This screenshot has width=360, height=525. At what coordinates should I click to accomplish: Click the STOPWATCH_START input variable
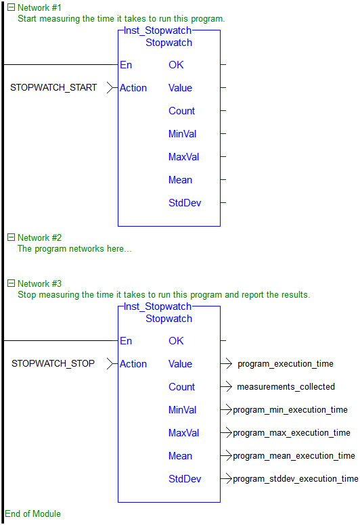click(x=53, y=88)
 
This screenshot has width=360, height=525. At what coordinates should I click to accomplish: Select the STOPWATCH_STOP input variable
click(x=53, y=363)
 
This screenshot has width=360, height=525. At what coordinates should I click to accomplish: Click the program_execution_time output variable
click(x=286, y=364)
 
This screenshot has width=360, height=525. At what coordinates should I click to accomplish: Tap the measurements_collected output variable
click(x=286, y=387)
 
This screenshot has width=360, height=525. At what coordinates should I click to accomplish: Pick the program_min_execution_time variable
click(x=290, y=410)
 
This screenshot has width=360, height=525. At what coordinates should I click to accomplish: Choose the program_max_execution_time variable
click(x=292, y=433)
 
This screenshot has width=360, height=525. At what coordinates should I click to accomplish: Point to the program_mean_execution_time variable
click(x=294, y=456)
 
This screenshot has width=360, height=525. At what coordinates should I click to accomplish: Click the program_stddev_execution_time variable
click(x=295, y=479)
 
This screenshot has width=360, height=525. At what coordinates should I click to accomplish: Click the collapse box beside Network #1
click(x=11, y=7)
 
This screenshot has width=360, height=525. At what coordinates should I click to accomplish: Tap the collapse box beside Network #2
click(x=11, y=237)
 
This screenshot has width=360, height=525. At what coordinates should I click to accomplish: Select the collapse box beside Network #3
click(x=11, y=283)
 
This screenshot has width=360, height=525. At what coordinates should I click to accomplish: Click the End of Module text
click(x=32, y=513)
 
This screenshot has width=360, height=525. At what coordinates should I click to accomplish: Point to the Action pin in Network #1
click(x=133, y=88)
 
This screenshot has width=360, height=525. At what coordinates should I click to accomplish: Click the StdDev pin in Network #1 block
click(x=185, y=203)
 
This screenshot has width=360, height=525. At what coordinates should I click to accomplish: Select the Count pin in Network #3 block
click(x=181, y=387)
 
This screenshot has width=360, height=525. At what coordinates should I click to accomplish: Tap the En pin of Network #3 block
click(x=126, y=341)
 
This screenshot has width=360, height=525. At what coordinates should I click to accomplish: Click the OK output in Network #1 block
click(x=176, y=65)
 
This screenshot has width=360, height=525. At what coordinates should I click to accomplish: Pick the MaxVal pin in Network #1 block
click(x=183, y=157)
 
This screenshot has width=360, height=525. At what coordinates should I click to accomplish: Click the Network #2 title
click(x=39, y=237)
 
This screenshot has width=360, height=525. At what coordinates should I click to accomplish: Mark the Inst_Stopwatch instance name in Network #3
click(x=158, y=306)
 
